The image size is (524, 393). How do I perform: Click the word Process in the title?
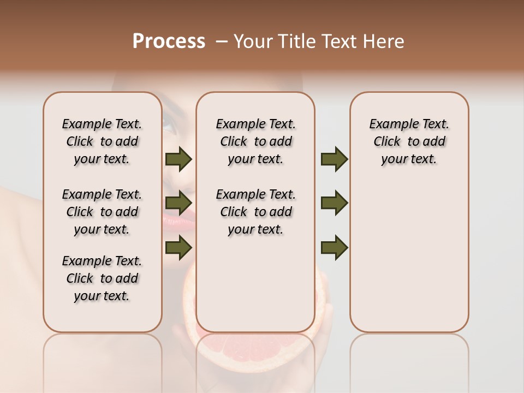169,41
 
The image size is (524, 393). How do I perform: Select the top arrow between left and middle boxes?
178,159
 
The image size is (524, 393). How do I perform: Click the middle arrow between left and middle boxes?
178,203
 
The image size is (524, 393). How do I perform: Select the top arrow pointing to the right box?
334,159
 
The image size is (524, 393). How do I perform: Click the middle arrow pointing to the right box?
334,203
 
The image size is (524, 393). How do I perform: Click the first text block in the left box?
102,141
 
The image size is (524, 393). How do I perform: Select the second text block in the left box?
102,212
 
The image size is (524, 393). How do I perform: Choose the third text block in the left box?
102,278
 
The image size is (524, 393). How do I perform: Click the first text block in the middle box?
255,141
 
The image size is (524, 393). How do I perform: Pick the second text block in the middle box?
255,212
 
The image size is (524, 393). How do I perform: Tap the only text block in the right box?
409,141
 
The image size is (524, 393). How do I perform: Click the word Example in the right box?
390,124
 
